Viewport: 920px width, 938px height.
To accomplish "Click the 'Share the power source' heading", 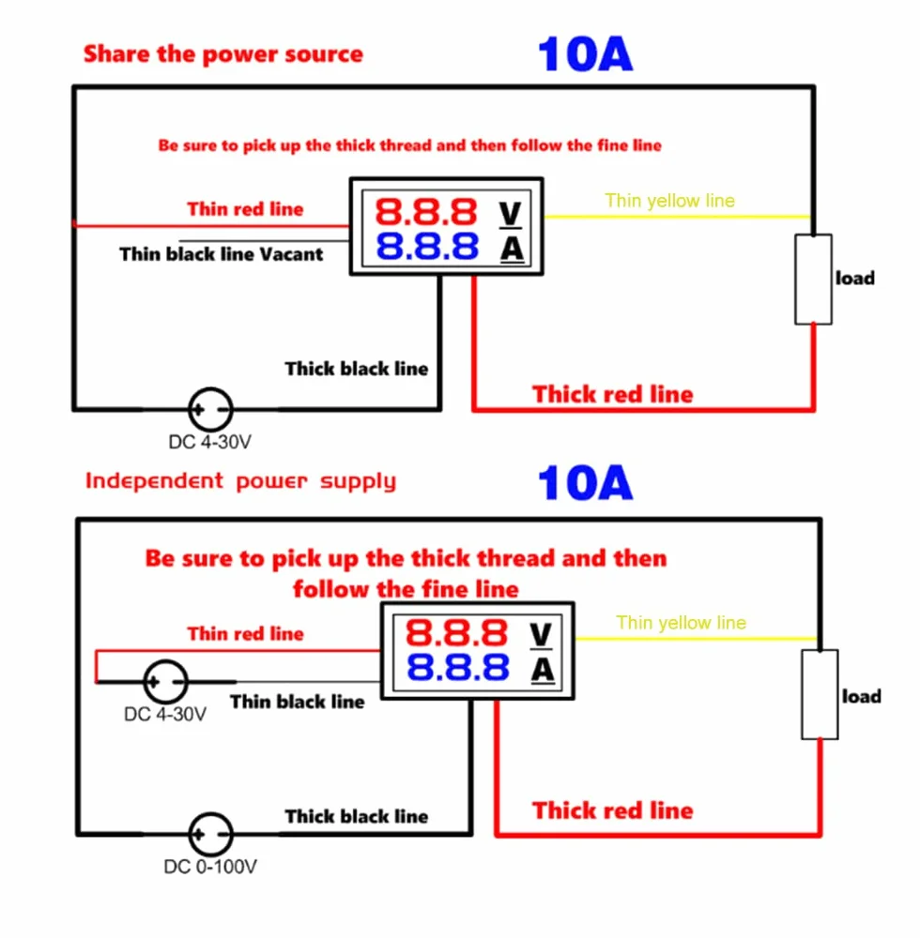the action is [223, 54].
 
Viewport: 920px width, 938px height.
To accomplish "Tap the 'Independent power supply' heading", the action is [240, 481].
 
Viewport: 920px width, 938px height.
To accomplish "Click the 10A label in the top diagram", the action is [585, 54].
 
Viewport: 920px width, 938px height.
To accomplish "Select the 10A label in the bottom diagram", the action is [585, 483].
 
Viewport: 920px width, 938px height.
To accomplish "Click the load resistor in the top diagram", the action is [813, 280].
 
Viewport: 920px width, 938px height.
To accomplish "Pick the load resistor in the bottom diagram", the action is [820, 694].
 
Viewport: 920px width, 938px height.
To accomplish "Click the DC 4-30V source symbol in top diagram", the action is [210, 410].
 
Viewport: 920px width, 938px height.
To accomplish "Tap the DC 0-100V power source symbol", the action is [210, 834].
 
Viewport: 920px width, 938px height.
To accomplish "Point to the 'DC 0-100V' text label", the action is [210, 867].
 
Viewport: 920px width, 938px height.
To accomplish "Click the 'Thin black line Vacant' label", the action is [221, 254].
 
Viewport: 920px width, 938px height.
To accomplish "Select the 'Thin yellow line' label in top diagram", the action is [669, 201].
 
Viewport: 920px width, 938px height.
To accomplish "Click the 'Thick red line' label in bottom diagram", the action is [612, 810].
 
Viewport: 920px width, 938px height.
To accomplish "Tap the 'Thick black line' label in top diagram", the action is [356, 369].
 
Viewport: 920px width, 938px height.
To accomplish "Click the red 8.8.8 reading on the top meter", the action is [426, 212].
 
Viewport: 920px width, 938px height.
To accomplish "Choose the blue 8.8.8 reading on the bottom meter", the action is [457, 668].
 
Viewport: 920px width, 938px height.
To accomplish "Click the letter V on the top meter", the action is [511, 214].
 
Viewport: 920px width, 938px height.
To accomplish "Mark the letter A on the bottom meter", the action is [543, 670].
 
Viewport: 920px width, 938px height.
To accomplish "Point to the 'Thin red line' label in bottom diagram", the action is [245, 633].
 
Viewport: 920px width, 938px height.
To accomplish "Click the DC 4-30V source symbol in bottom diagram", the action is [165, 681].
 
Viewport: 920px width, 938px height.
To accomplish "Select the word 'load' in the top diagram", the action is [855, 279].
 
